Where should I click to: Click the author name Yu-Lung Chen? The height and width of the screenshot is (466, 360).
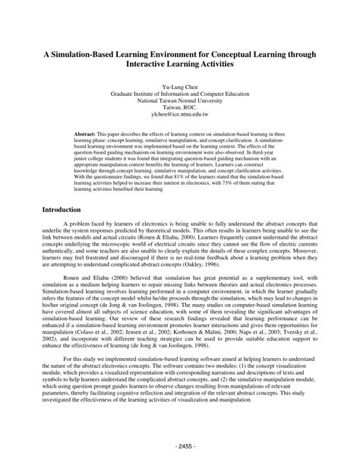179,87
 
